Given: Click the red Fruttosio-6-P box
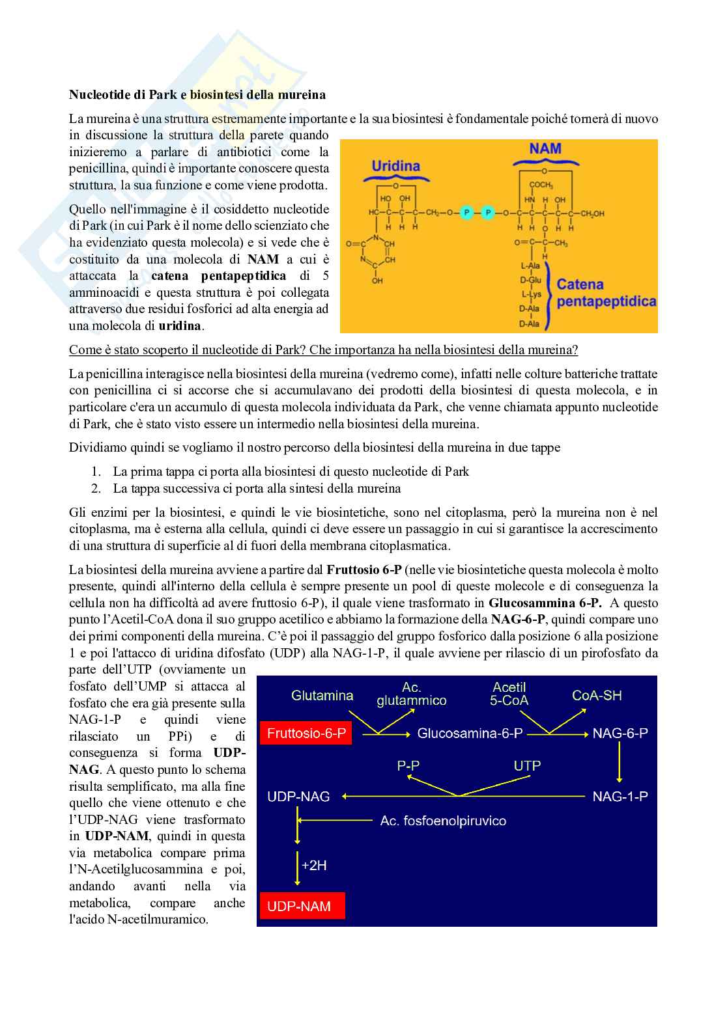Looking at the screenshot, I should tap(306, 733).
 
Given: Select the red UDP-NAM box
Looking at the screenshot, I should tap(302, 906).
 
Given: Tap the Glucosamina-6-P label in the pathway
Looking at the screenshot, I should tap(470, 733).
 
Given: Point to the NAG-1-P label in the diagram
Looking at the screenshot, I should tap(620, 797).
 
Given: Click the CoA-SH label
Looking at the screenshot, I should tap(597, 696).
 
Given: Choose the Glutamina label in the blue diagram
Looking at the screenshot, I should tap(322, 696).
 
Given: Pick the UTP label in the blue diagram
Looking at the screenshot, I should tap(527, 766).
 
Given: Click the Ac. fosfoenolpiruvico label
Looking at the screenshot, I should tap(443, 821).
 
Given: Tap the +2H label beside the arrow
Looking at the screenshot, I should tap(314, 866).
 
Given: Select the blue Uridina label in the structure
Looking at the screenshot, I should tap(395, 166).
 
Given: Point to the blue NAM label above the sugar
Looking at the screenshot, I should tap(545, 149).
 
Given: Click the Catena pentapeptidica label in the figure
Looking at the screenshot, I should tap(606, 293).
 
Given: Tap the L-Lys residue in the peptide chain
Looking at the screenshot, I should tap(530, 294).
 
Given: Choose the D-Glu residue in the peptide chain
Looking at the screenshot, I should tap(530, 280).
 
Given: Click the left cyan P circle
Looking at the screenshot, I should tap(466, 212).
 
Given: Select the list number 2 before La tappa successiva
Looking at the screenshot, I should tap(96, 488).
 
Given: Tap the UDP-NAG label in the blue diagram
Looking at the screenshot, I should tap(298, 797).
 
